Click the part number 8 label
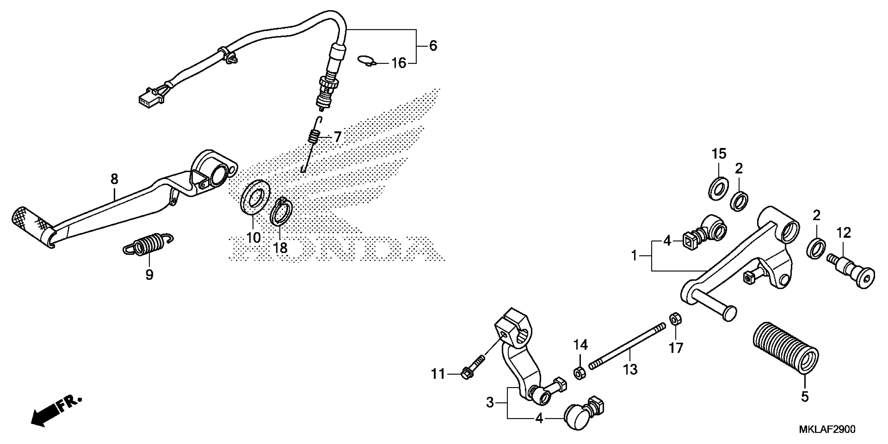[114, 179]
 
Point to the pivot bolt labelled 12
[850, 274]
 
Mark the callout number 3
[490, 402]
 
